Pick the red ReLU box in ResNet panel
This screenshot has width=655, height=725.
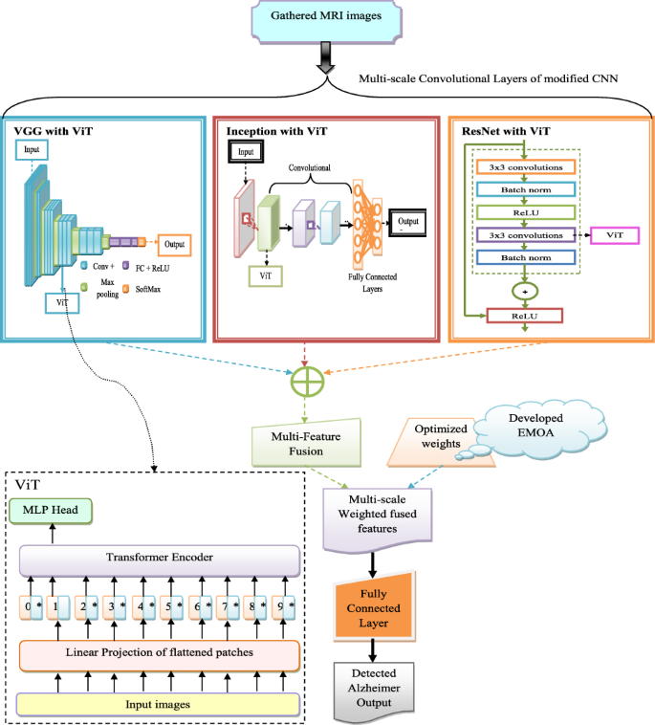pos(525,315)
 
